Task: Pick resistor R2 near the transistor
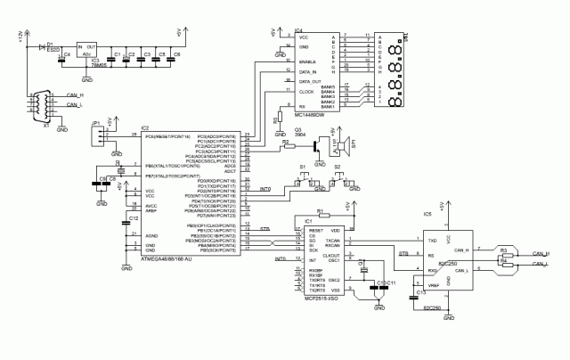tap(285, 143)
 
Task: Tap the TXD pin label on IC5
tap(433, 241)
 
